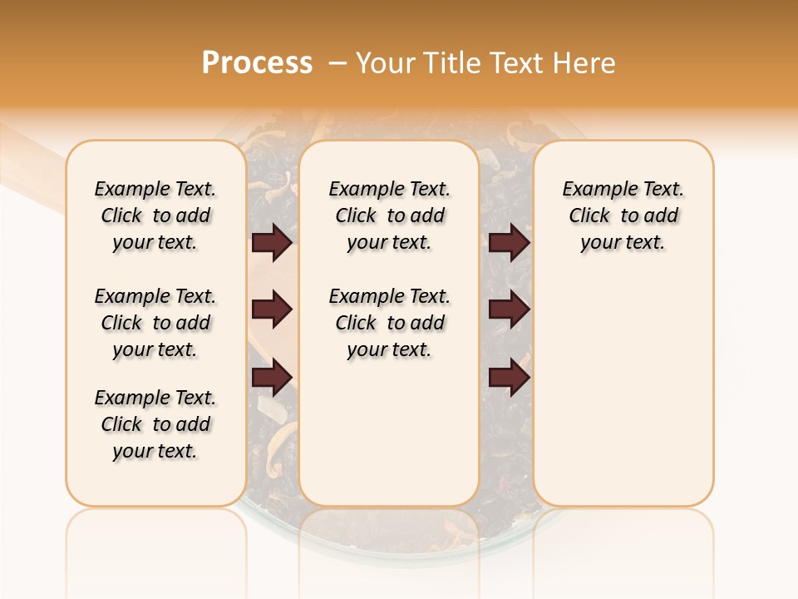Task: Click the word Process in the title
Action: pos(257,63)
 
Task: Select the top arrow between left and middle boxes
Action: pos(272,243)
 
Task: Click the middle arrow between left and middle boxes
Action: pos(272,310)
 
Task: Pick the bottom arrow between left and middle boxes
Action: pos(272,378)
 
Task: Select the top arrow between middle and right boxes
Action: pos(509,243)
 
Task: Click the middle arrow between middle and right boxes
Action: pos(509,310)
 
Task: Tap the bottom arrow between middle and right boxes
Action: pos(509,378)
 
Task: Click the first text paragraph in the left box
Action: pos(155,215)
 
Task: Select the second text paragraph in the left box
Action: pos(155,323)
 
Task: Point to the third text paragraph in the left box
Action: pos(155,424)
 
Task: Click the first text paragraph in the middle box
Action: pos(389,215)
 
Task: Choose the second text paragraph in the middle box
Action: pos(389,323)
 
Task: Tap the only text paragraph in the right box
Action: pos(623,215)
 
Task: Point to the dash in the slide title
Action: pos(337,63)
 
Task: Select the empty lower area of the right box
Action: pos(623,391)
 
